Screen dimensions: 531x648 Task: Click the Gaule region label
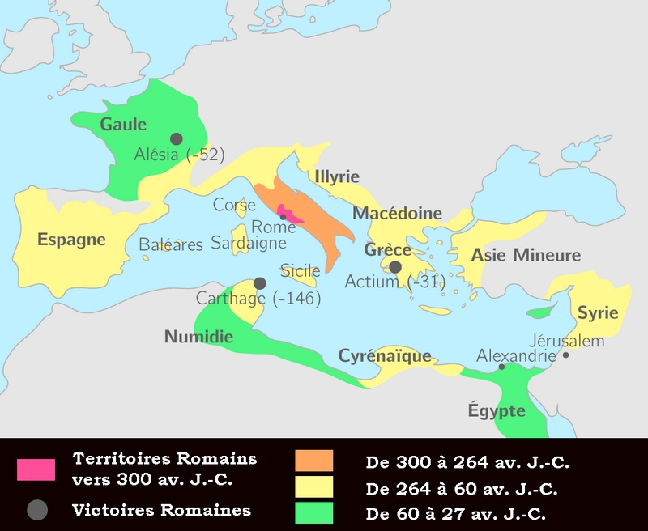[123, 125]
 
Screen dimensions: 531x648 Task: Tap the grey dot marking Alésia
[176, 139]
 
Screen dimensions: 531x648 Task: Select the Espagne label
[71, 240]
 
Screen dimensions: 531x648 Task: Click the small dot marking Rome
[283, 216]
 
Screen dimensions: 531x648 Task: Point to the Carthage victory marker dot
[260, 283]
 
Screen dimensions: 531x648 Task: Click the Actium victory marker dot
[395, 267]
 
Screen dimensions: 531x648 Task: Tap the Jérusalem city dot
[565, 355]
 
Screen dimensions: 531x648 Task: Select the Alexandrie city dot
[501, 367]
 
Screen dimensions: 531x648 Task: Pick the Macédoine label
[397, 214]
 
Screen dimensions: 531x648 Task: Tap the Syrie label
[598, 312]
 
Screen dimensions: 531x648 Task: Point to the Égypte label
[497, 410]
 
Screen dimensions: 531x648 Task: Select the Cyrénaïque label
[384, 355]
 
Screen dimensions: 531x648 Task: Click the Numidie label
[199, 336]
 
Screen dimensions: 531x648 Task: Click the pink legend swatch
[36, 469]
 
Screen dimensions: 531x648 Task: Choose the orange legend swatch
[313, 461]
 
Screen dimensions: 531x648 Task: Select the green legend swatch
[313, 512]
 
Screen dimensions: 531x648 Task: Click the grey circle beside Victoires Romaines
[36, 510]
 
